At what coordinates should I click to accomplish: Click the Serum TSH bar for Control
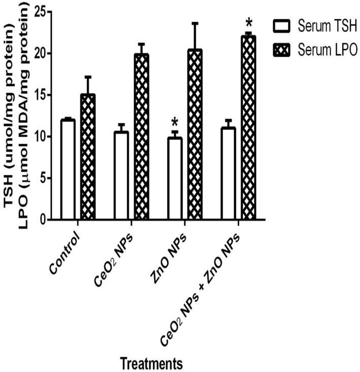(x=67, y=170)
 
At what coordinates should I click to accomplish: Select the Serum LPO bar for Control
(x=87, y=157)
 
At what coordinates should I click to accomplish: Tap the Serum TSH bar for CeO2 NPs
(x=121, y=176)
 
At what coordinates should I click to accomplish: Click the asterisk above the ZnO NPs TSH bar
(x=175, y=122)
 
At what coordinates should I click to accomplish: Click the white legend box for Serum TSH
(x=282, y=25)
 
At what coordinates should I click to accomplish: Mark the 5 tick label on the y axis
(x=44, y=178)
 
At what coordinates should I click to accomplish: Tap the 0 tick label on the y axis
(x=44, y=220)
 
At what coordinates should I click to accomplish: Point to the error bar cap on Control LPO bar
(x=87, y=77)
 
